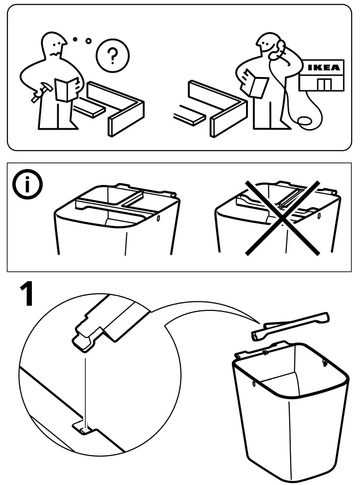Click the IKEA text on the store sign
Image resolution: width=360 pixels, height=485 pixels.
click(324, 67)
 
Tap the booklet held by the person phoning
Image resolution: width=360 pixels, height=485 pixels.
click(256, 86)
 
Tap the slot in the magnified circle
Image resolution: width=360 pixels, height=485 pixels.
click(83, 428)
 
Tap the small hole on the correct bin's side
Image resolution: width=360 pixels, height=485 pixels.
click(158, 219)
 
